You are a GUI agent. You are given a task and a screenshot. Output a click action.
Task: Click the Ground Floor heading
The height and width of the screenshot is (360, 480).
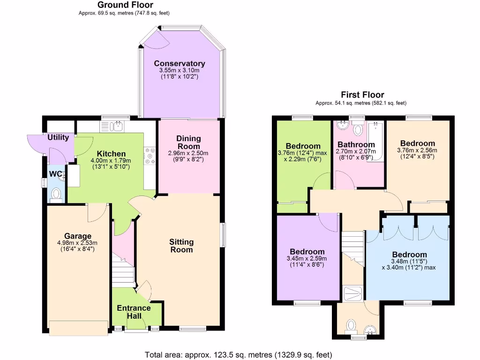[x=125, y=5]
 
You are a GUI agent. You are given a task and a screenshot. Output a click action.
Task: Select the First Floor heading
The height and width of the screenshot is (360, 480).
[x=362, y=95]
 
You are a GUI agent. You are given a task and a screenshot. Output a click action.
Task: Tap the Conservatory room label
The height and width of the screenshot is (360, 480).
[x=180, y=64]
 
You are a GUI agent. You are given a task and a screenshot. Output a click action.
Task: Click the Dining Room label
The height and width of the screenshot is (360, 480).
[x=188, y=142]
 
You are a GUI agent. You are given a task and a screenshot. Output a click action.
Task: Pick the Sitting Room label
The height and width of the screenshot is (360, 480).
[x=181, y=246]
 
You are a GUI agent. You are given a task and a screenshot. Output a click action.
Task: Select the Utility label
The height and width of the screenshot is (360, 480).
[x=58, y=137]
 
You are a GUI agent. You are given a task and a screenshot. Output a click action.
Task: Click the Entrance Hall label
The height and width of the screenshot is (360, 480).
[x=134, y=312]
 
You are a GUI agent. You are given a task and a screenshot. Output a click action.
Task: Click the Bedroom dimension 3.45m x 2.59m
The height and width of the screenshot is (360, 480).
[x=307, y=258]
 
